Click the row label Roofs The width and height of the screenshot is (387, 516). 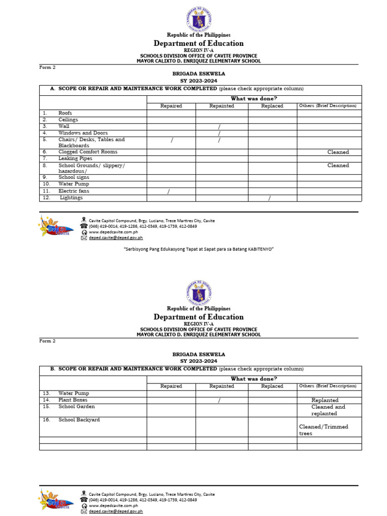[66, 113]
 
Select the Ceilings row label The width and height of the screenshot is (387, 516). [69, 120]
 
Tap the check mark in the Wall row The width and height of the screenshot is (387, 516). [219, 126]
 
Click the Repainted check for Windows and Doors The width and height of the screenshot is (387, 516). [219, 134]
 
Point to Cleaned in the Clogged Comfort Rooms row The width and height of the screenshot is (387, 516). [338, 152]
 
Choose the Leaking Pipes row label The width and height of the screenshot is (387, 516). [75, 158]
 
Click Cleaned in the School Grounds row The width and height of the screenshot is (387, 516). [338, 165]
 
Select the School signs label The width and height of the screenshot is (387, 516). [74, 177]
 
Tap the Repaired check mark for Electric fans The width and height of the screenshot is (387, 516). [168, 191]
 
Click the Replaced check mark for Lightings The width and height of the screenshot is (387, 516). [270, 198]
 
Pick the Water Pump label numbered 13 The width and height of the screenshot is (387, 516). [74, 394]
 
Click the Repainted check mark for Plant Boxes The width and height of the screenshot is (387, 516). [219, 401]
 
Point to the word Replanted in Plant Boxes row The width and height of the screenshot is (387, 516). [325, 401]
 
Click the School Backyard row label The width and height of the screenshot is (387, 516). [79, 420]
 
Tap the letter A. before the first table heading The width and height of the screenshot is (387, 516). [52, 89]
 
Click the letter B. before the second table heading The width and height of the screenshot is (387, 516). [52, 369]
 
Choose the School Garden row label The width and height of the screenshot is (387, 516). [77, 407]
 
